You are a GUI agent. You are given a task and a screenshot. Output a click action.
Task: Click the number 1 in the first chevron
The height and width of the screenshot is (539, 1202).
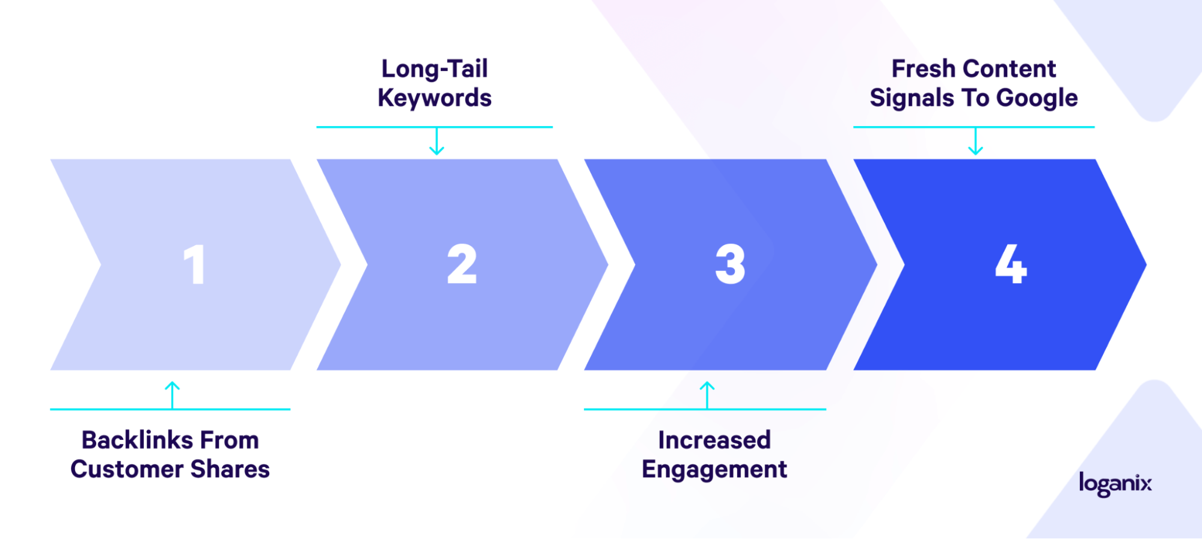click(194, 264)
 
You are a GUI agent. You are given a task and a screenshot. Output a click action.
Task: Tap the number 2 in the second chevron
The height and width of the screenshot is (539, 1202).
click(462, 264)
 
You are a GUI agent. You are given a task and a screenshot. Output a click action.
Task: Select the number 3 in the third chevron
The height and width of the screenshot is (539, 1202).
click(730, 264)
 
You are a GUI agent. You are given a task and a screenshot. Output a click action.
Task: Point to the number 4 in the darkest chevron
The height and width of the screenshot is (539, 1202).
click(1011, 264)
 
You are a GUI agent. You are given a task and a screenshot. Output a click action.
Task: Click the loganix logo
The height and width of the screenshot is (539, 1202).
click(1115, 484)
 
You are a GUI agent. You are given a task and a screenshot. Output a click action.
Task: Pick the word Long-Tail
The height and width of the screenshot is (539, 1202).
click(435, 69)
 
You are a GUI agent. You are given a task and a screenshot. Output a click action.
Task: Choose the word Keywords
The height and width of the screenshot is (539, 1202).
click(435, 98)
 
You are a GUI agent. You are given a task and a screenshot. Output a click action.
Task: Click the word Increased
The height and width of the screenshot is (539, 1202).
click(714, 440)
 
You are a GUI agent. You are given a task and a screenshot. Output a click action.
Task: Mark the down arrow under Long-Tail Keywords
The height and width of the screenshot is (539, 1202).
click(437, 141)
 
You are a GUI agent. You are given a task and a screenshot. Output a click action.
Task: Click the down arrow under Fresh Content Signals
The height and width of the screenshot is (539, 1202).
click(975, 141)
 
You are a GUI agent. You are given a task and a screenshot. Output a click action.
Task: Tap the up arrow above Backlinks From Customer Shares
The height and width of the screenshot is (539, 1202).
click(173, 395)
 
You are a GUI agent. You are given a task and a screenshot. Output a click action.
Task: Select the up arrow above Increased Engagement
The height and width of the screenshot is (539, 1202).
click(707, 395)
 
